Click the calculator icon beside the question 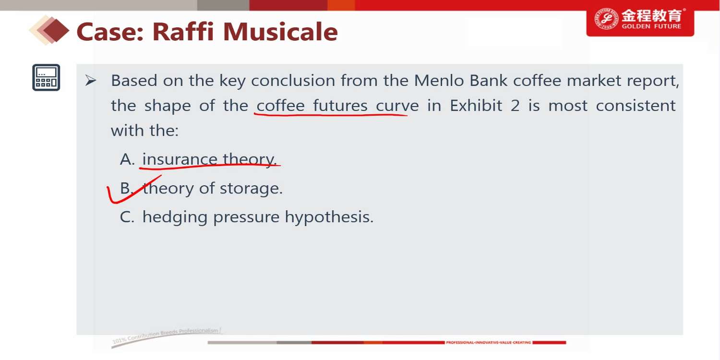tap(46, 77)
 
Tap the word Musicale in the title tap(280, 32)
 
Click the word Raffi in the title tap(183, 32)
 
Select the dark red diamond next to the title tap(56, 31)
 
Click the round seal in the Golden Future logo tap(606, 18)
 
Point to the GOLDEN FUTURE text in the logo tap(651, 26)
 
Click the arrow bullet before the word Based tap(91, 80)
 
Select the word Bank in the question tap(489, 80)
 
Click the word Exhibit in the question tap(476, 106)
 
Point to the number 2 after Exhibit tap(515, 106)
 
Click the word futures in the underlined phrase tap(340, 106)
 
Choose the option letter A tap(127, 159)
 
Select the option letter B tap(126, 188)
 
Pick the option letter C tap(127, 217)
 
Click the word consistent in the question tap(636, 106)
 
